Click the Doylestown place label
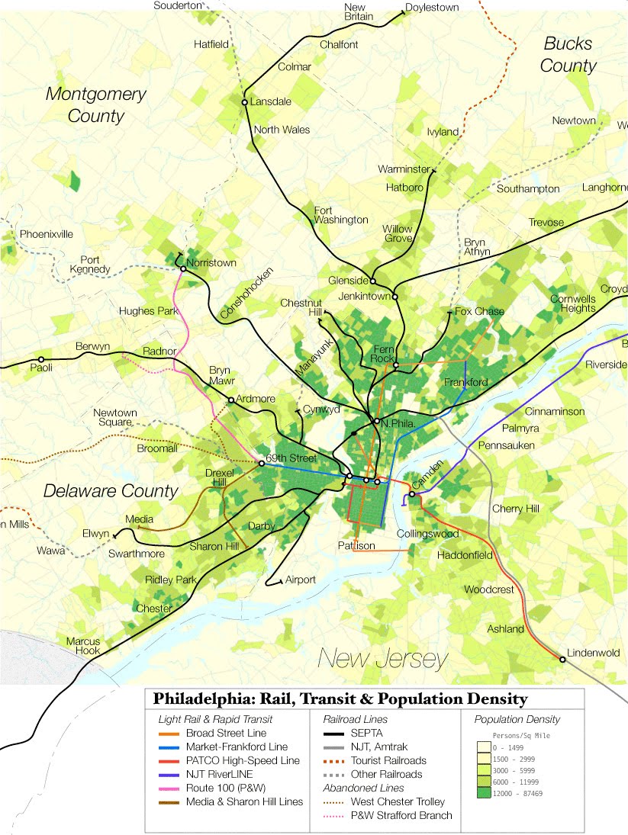point(432,8)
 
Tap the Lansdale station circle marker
point(245,102)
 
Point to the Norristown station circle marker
point(182,268)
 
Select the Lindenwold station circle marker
point(562,660)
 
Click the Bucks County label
point(568,54)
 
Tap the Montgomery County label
point(95,104)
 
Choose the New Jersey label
point(384,657)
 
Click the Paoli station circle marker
point(40,359)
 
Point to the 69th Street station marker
point(262,463)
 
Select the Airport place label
point(300,580)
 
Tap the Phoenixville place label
point(47,234)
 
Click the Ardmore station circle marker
point(230,400)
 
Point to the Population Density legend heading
point(517,719)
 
